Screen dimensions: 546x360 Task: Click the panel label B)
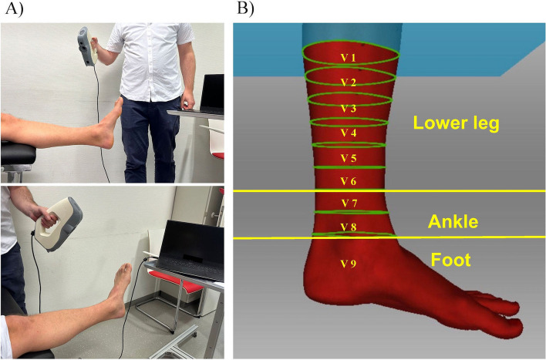pyautogui.click(x=245, y=10)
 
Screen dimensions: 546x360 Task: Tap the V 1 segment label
pyautogui.click(x=349, y=58)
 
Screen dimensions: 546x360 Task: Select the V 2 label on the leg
pyautogui.click(x=349, y=82)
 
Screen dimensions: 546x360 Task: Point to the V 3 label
pyautogui.click(x=349, y=109)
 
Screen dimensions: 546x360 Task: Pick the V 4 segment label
pyautogui.click(x=349, y=133)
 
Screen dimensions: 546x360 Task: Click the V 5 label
pyautogui.click(x=349, y=159)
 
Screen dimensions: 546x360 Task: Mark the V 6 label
pyautogui.click(x=349, y=182)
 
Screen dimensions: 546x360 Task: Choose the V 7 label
pyautogui.click(x=349, y=204)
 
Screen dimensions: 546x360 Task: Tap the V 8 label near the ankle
pyautogui.click(x=349, y=228)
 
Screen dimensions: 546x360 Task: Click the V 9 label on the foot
pyautogui.click(x=349, y=264)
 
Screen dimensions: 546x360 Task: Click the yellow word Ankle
pyautogui.click(x=453, y=223)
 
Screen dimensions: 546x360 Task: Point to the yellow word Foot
pyautogui.click(x=453, y=261)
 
